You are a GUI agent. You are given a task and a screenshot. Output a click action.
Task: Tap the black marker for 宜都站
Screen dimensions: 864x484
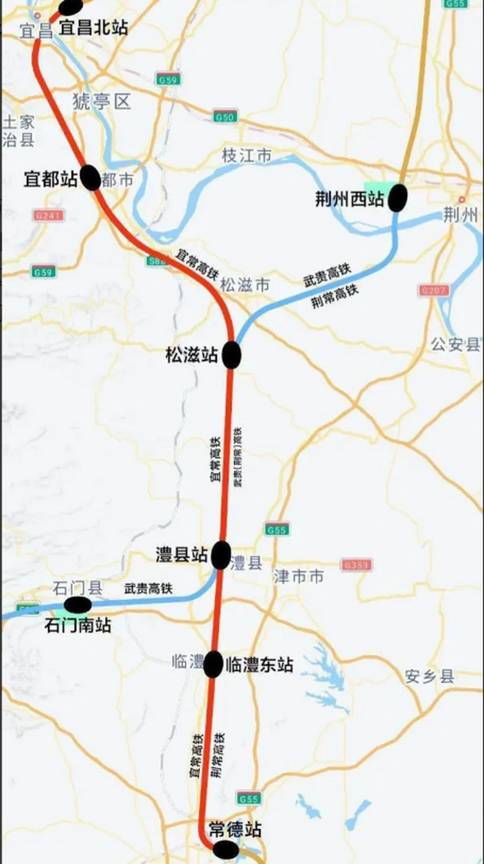90,178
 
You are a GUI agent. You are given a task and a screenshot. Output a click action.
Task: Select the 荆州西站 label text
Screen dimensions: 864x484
350,199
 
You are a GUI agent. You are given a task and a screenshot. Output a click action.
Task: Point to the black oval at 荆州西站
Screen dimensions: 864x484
398,197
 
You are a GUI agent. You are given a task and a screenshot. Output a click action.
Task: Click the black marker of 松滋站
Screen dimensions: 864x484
232,355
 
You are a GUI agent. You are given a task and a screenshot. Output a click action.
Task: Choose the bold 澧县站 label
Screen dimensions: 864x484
181,555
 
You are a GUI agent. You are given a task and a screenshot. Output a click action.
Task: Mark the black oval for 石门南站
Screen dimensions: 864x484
78,605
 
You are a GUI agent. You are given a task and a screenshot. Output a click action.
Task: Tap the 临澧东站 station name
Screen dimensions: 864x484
260,664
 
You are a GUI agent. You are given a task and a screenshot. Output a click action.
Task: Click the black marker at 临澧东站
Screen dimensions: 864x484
213,664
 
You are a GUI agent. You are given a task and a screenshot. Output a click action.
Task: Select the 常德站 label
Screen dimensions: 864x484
235,830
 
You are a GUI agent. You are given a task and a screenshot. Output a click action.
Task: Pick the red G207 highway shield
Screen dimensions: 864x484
433,290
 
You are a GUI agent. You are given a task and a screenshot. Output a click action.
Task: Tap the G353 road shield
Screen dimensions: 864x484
357,564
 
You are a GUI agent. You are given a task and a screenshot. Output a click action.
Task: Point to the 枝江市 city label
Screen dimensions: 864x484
247,156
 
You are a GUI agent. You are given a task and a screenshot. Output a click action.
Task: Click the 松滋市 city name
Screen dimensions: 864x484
245,286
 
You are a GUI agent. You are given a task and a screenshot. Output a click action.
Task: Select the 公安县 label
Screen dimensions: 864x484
456,344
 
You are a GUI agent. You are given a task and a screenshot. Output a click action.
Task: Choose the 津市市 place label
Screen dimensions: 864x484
299,576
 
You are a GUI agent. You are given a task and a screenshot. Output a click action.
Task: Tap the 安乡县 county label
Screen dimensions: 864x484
430,676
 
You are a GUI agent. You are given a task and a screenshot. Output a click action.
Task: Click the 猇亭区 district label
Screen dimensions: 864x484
101,102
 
